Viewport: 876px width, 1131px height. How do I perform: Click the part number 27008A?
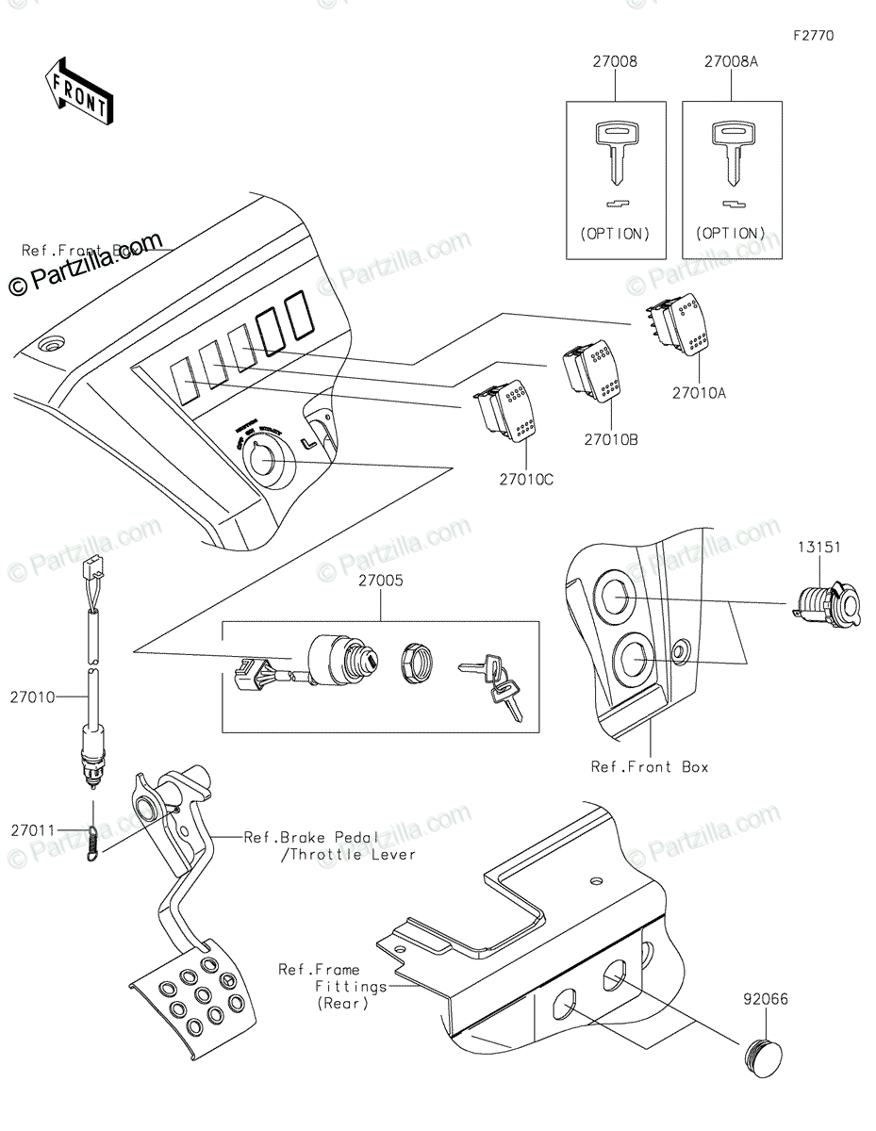point(731,62)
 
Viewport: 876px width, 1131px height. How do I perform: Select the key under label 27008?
point(615,151)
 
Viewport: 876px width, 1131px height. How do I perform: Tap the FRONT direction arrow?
point(80,90)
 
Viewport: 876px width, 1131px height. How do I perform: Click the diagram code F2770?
point(813,36)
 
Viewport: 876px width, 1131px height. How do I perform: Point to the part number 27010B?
point(610,438)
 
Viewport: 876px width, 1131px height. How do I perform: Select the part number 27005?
point(381,582)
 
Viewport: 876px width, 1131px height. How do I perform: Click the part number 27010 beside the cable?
point(33,697)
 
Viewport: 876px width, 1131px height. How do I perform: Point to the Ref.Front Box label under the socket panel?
point(649,767)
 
